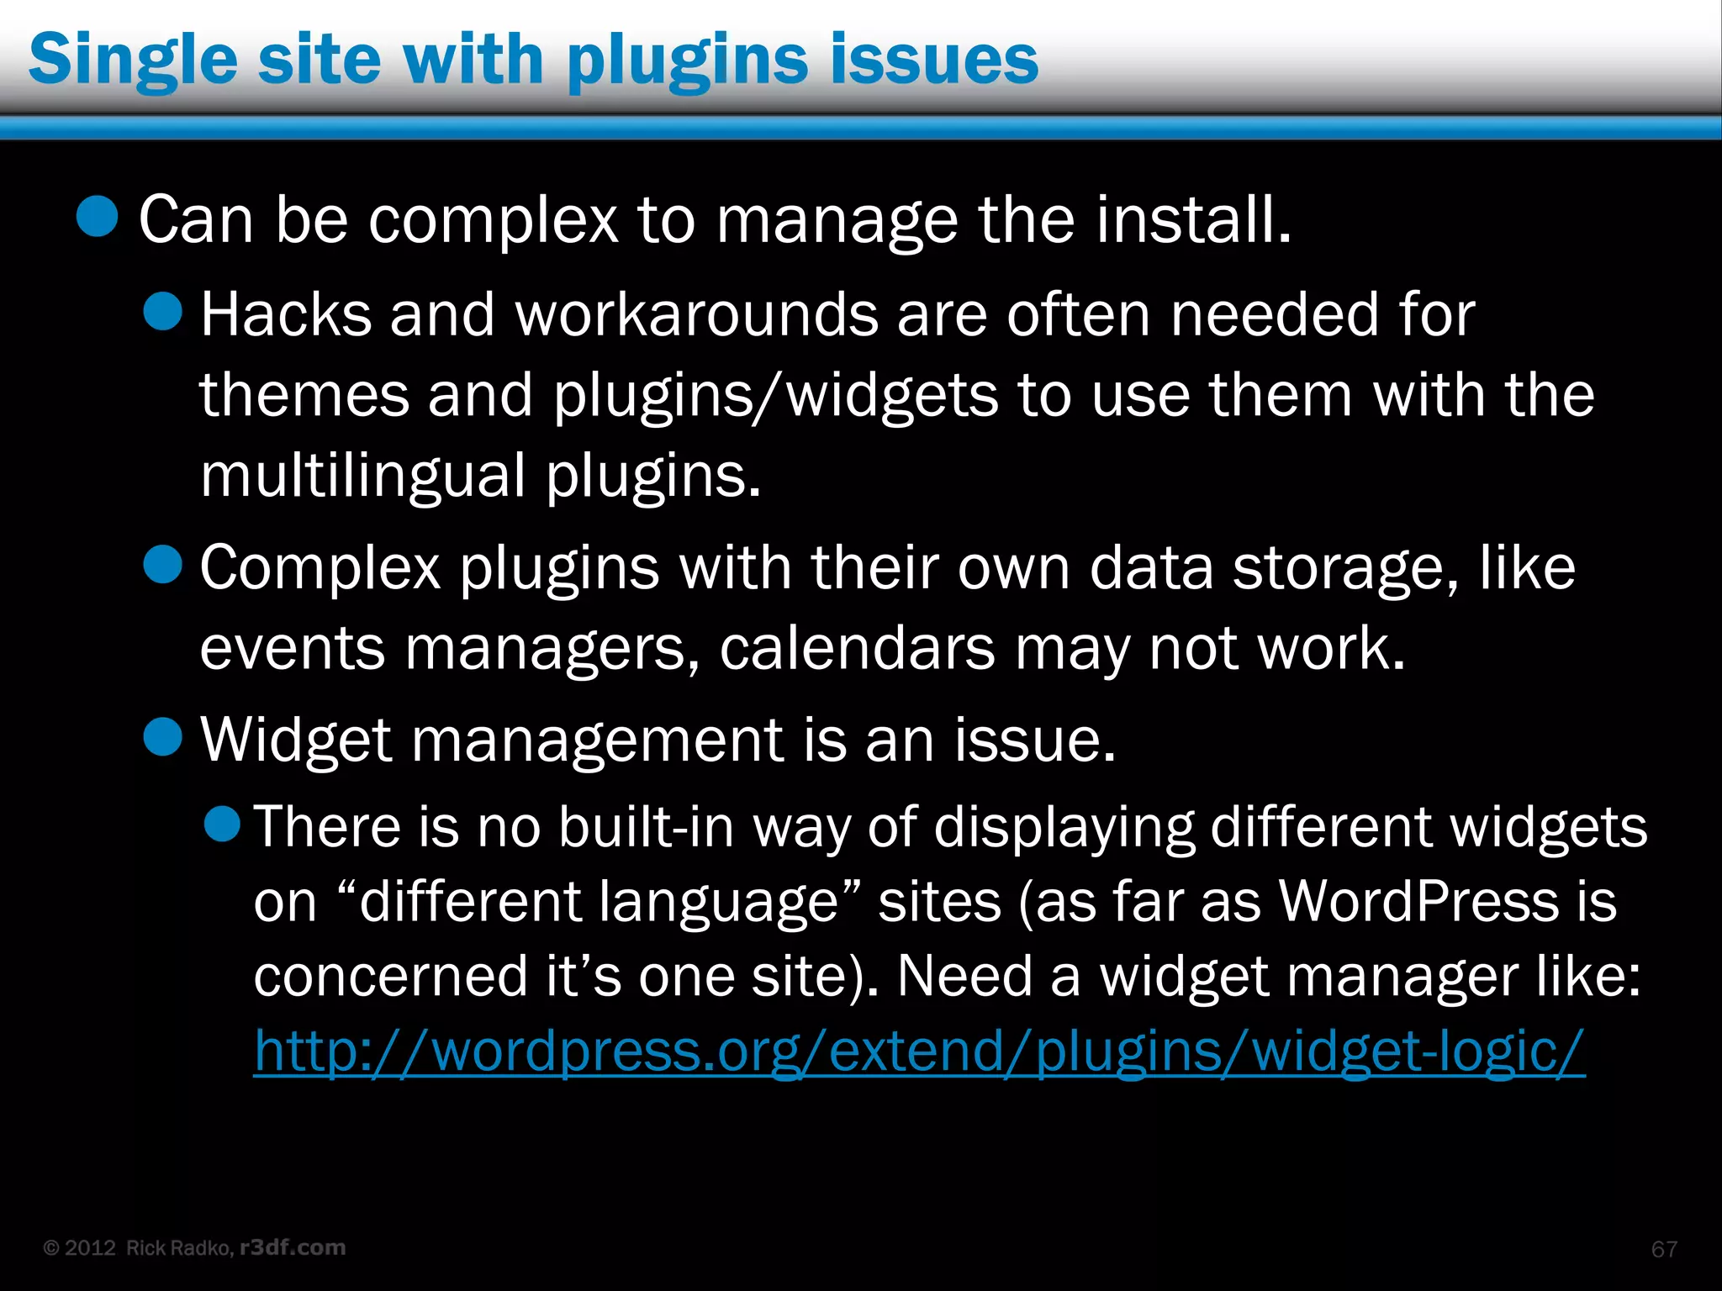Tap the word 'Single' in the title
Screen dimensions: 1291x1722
coord(133,61)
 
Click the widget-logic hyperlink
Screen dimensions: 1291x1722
coord(919,1051)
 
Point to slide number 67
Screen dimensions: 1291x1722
coord(1664,1249)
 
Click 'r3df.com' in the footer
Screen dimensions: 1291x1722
coord(293,1247)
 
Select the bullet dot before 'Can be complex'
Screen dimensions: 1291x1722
coord(97,217)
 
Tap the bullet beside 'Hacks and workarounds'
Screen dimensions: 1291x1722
coord(162,313)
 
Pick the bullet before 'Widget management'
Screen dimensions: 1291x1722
coord(162,736)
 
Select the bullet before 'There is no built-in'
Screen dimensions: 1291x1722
coord(223,823)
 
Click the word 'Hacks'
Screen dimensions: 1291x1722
coord(286,315)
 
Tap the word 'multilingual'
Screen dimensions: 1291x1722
coord(363,477)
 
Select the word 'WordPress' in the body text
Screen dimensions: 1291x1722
coord(1418,901)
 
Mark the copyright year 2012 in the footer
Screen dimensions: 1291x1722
coord(90,1248)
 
